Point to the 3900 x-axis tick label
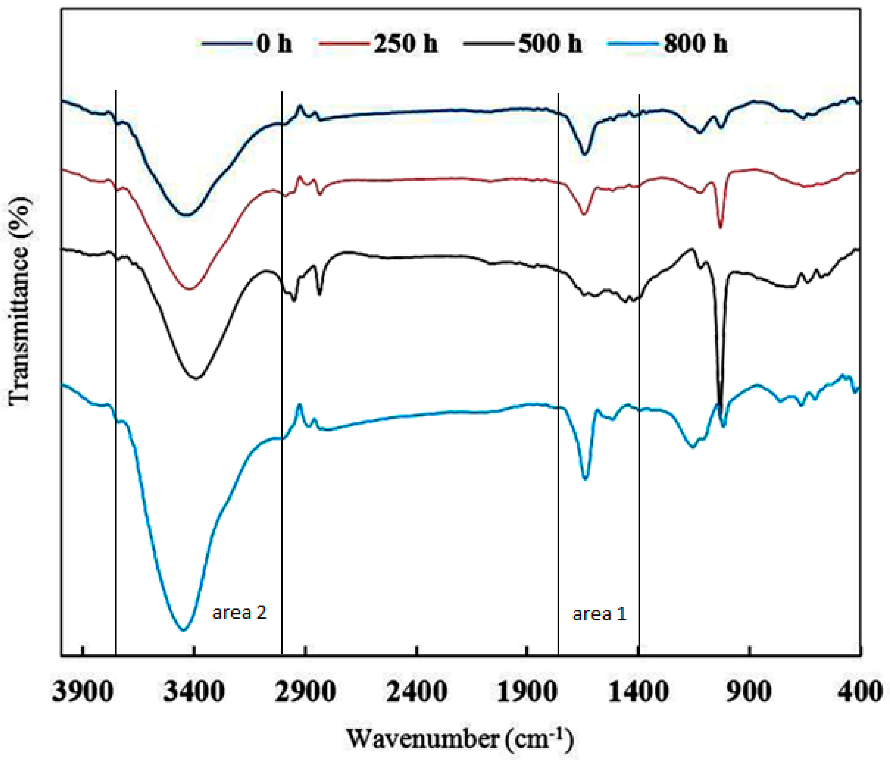pos(83,692)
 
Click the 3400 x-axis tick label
pos(194,692)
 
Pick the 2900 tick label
pos(306,692)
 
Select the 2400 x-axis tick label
pos(416,692)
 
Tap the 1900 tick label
pos(527,692)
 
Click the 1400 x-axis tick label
pos(638,692)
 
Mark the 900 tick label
pos(749,692)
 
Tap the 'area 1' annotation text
pos(600,613)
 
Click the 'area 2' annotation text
pos(240,612)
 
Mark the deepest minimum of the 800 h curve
pos(184,630)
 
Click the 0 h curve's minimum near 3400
pos(187,215)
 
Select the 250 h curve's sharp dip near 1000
pos(720,227)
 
